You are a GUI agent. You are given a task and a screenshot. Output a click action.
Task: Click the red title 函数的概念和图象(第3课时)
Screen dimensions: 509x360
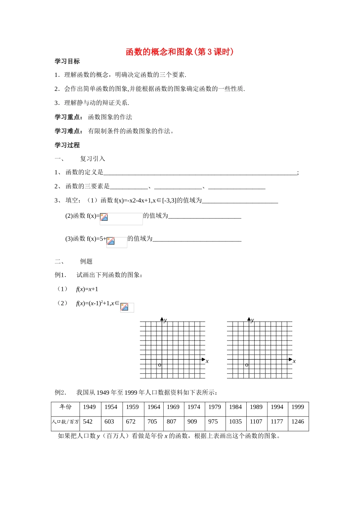[x=180, y=52]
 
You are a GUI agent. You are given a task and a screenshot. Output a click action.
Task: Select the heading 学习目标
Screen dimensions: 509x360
[x=67, y=61]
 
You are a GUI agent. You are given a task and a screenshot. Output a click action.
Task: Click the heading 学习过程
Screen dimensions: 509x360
[x=67, y=145]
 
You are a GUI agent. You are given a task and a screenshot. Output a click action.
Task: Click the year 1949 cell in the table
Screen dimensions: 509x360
[x=89, y=407]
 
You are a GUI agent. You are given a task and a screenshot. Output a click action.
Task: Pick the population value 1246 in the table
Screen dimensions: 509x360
[x=297, y=422]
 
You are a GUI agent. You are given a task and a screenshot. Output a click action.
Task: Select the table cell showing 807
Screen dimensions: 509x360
[x=172, y=422]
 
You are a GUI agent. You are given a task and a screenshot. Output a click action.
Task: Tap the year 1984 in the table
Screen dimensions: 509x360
[x=235, y=407]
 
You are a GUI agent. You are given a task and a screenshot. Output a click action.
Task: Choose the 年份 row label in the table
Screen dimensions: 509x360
[x=66, y=407]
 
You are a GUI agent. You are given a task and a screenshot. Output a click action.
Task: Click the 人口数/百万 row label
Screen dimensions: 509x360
[x=66, y=422]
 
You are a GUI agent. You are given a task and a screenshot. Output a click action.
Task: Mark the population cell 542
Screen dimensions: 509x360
[x=88, y=422]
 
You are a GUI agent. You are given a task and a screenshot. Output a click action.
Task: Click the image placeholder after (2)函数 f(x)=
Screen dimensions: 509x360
[x=104, y=217]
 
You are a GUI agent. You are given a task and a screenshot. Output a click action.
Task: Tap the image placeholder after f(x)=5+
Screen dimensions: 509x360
[x=111, y=241]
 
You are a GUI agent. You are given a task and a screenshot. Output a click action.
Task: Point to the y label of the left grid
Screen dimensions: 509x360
[x=166, y=320]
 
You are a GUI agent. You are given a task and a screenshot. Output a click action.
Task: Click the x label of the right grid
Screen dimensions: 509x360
[x=294, y=361]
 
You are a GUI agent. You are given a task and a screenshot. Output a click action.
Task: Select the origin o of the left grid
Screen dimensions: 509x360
[x=160, y=365]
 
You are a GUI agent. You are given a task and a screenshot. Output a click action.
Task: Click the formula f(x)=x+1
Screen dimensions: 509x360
[x=87, y=289]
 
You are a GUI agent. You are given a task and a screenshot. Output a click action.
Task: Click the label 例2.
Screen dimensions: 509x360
[x=60, y=392]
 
